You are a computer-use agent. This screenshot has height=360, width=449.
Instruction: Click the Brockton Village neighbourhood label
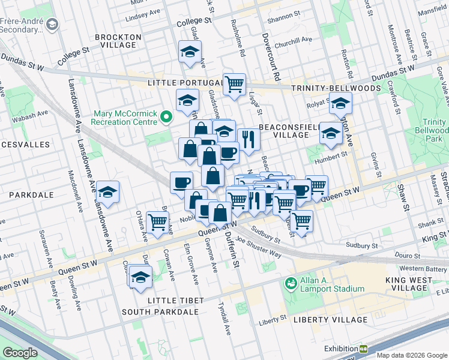pyautogui.click(x=118, y=41)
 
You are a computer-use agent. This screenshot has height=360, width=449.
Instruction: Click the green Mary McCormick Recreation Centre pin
pyautogui.click(x=168, y=116)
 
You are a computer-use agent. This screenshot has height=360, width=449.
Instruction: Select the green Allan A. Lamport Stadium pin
pyautogui.click(x=291, y=283)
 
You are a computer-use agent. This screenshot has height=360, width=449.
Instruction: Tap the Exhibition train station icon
pyautogui.click(x=363, y=349)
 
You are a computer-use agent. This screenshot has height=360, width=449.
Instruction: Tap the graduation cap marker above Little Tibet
pyautogui.click(x=140, y=276)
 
